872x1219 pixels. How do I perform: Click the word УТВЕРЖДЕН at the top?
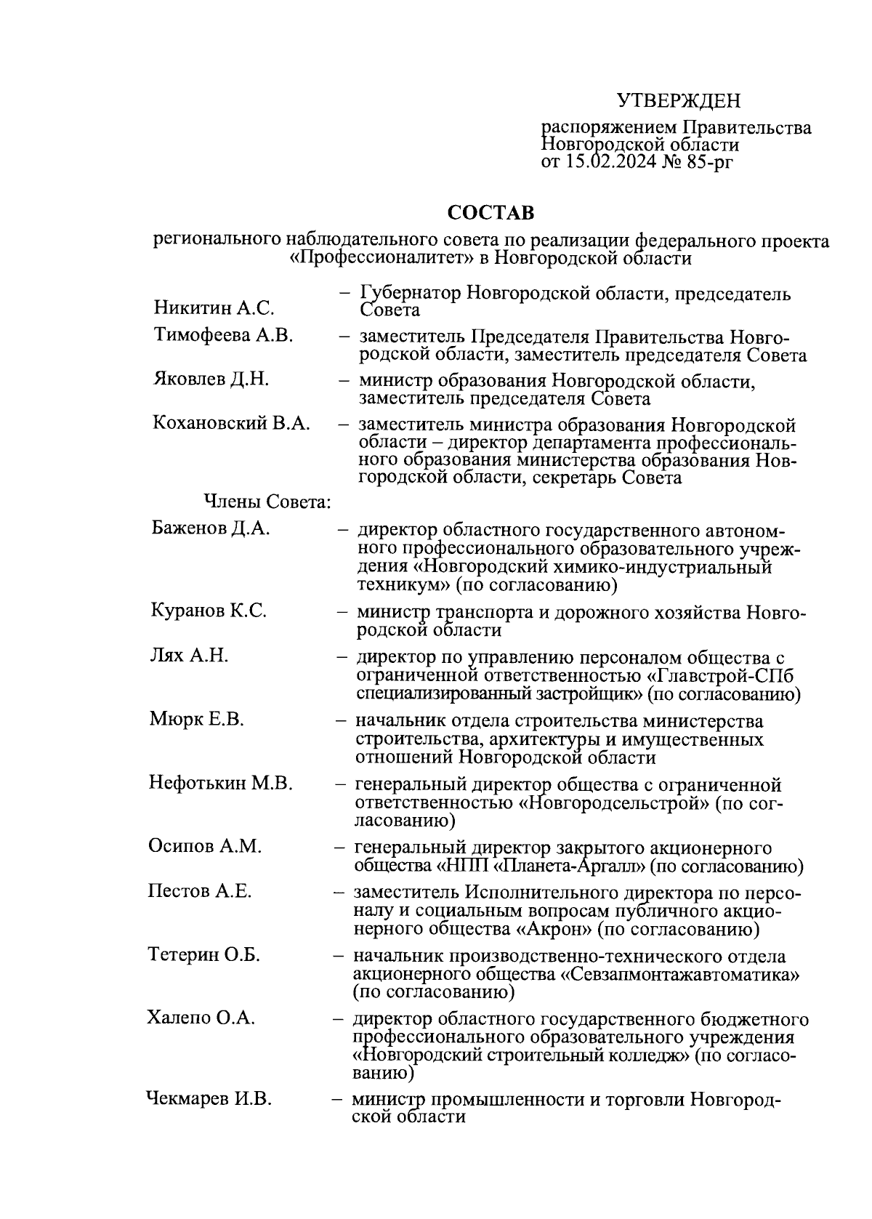pos(679,100)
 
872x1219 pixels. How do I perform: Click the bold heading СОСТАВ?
pos(490,213)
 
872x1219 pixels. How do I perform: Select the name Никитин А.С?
pos(214,308)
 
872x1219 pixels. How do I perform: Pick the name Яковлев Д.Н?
pos(211,379)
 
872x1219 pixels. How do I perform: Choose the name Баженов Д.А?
pos(211,528)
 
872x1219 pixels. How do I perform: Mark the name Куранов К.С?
pos(209,611)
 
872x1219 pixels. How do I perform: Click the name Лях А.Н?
pos(189,656)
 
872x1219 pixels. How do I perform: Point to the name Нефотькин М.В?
pos(220,783)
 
